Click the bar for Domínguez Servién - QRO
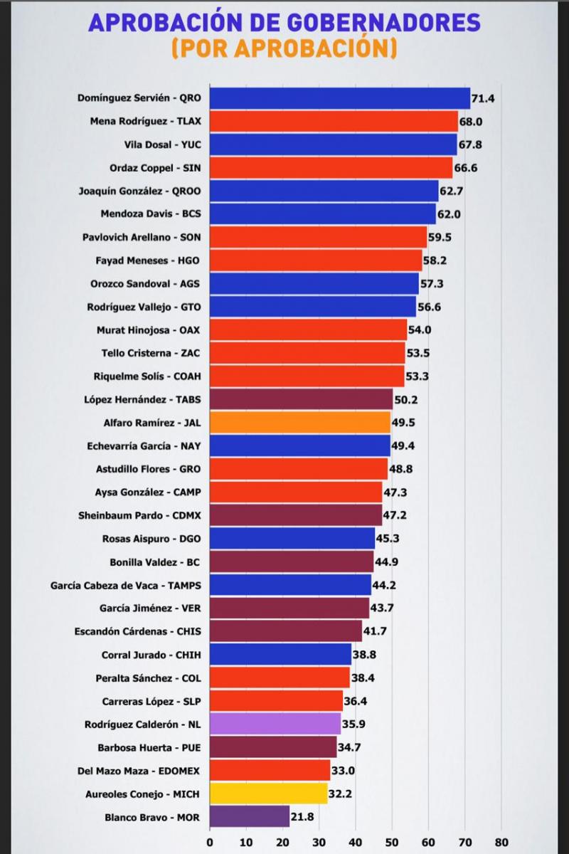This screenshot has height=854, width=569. point(340,98)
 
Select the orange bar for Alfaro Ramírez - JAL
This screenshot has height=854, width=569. point(300,422)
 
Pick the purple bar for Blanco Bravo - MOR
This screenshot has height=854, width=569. point(250,816)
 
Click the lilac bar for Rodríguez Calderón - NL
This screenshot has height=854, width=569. point(275,723)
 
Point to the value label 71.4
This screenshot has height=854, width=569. point(483,98)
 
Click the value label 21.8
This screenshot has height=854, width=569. point(302,816)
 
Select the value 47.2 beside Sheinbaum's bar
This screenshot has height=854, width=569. point(395,515)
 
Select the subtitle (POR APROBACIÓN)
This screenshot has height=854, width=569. point(284,49)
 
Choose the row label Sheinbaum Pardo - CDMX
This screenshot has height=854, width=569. point(139,515)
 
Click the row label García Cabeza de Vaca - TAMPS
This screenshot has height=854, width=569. point(126,585)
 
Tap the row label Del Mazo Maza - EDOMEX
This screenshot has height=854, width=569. point(139,770)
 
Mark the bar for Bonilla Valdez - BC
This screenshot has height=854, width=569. point(292,562)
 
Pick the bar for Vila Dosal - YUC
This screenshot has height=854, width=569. point(334,144)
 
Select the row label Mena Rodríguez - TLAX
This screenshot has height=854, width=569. point(146,121)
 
